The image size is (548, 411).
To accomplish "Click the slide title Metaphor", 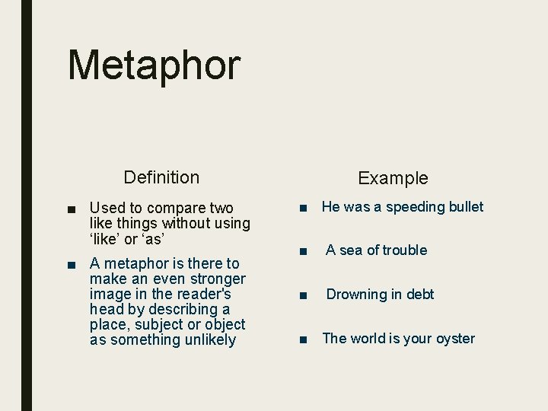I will click(x=154, y=65).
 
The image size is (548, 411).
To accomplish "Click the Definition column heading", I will click(x=161, y=177).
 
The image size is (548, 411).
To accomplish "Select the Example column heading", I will click(x=393, y=178).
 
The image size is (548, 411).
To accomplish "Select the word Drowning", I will click(x=357, y=295).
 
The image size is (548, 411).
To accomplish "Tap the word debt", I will click(x=419, y=295).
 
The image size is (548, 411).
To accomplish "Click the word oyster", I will click(x=454, y=339).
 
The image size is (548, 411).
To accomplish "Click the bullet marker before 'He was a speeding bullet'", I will click(x=303, y=208).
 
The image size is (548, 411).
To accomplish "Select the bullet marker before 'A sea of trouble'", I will click(x=303, y=251).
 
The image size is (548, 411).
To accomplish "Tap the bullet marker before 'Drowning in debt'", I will click(x=303, y=295).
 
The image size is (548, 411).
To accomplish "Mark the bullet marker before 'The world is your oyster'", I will click(x=303, y=339).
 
